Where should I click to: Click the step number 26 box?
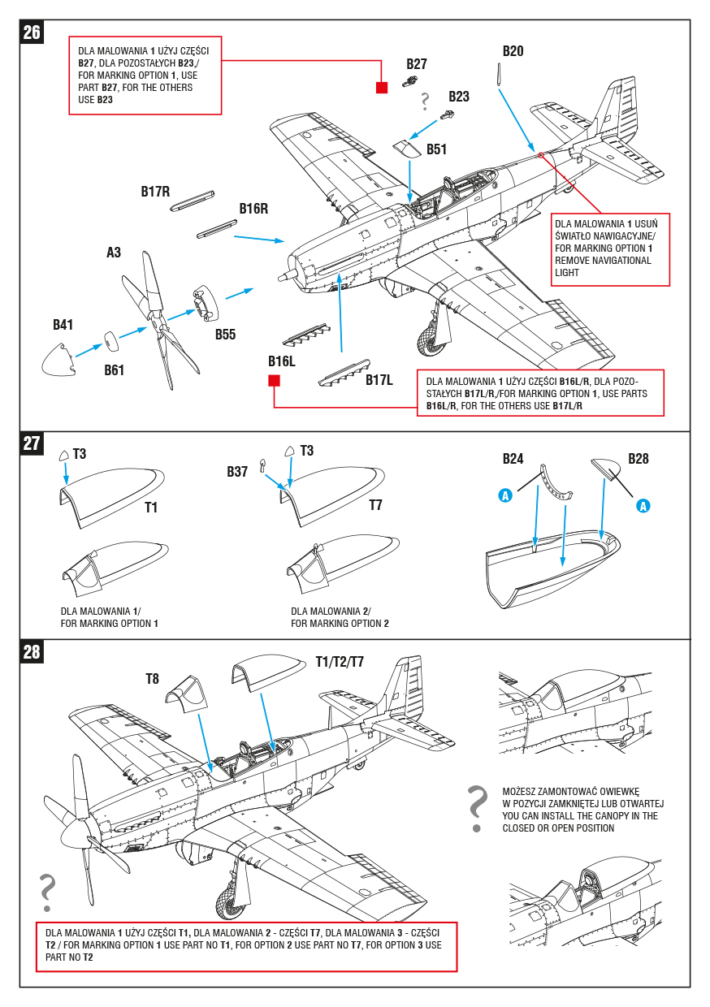32,32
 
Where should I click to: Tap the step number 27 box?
32,443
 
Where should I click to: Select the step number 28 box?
32,651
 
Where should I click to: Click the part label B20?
513,51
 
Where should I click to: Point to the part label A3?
114,253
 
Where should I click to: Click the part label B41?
63,325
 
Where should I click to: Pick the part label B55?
225,334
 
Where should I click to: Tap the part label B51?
436,149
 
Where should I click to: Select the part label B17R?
155,192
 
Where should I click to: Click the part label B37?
237,471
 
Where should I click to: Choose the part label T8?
152,678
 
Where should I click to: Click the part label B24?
513,459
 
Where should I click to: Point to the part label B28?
639,459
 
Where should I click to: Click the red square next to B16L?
274,381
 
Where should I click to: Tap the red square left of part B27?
382,88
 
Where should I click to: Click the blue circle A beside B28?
643,506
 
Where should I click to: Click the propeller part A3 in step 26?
162,321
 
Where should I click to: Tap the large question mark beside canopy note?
478,809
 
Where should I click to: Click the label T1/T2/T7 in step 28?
340,662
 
